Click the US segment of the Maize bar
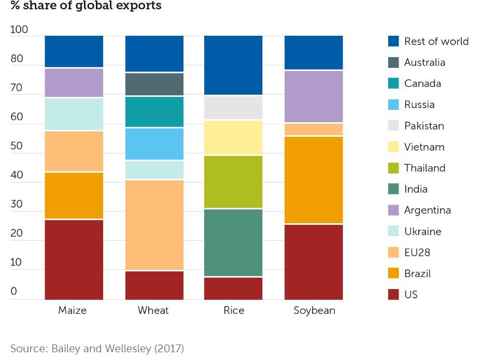tap(74, 260)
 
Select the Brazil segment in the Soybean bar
tap(314, 180)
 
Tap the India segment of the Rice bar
tap(233, 242)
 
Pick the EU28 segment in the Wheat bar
tap(154, 225)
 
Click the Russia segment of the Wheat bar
tap(154, 143)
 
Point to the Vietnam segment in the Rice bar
tap(233, 137)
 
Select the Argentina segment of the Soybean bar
tap(314, 96)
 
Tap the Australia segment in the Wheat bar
tap(154, 84)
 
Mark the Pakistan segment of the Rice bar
tap(233, 108)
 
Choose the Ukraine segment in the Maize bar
tap(74, 114)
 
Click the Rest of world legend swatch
tap(393, 41)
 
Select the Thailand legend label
tap(424, 168)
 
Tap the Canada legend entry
tap(422, 83)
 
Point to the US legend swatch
tap(393, 294)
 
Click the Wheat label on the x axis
tap(153, 310)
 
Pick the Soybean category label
tap(314, 310)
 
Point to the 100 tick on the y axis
tap(19, 30)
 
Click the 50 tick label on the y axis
tap(17, 146)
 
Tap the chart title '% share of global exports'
tap(86, 6)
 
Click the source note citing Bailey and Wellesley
tap(97, 348)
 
